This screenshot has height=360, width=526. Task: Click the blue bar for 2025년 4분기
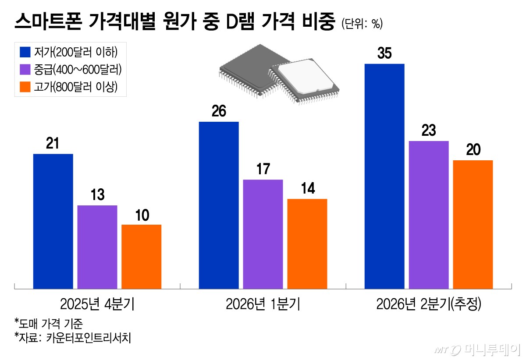pyautogui.click(x=53, y=221)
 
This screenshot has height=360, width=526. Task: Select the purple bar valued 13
pyautogui.click(x=97, y=247)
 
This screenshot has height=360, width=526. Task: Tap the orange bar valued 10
pyautogui.click(x=141, y=257)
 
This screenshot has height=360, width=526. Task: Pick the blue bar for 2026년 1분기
pyautogui.click(x=219, y=205)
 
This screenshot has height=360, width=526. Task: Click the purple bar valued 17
pyautogui.click(x=263, y=234)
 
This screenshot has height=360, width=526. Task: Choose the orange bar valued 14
pyautogui.click(x=307, y=244)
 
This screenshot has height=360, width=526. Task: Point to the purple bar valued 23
pyautogui.click(x=429, y=215)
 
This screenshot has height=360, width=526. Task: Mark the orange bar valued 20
pyautogui.click(x=473, y=224)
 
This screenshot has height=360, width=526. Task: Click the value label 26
pyautogui.click(x=219, y=112)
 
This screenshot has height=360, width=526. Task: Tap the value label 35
pyautogui.click(x=384, y=54)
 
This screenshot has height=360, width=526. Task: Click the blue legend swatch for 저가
pyautogui.click(x=25, y=52)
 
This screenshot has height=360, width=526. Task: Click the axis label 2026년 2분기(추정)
pyautogui.click(x=429, y=304)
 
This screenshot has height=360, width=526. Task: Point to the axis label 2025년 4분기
pyautogui.click(x=97, y=304)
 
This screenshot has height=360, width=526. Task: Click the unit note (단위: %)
pyautogui.click(x=362, y=24)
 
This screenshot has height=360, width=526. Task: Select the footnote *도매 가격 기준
pyautogui.click(x=48, y=324)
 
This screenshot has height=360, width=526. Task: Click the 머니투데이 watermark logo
pyautogui.click(x=478, y=349)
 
